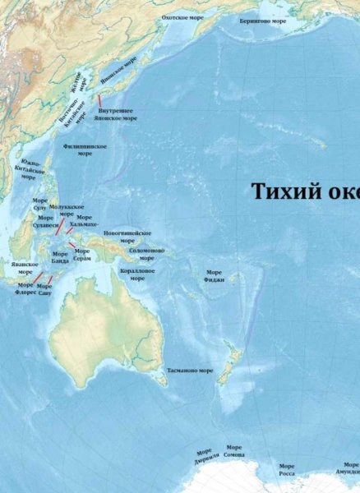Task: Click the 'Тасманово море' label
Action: [x=189, y=371]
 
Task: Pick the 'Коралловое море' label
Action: [x=134, y=274]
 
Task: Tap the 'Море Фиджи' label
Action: [x=214, y=275]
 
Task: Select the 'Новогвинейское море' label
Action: [x=127, y=237]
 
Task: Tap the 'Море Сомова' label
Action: [x=234, y=452]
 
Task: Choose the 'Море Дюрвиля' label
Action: [x=203, y=456]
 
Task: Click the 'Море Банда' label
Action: [x=61, y=257]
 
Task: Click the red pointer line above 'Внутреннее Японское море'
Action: [x=100, y=99]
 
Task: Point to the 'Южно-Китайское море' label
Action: [x=32, y=168]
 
